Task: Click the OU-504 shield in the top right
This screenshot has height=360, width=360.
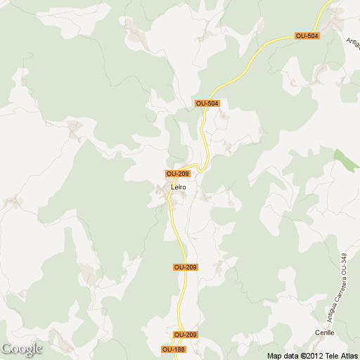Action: coord(307,36)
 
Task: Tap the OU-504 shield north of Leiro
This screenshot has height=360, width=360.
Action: coord(207,103)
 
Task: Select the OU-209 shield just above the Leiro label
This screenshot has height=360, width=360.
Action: coord(178,174)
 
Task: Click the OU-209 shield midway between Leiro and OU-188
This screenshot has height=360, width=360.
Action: coord(185,267)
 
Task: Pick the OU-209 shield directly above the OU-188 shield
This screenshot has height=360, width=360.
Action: coord(185,335)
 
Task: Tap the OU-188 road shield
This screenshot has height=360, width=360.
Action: coord(174,349)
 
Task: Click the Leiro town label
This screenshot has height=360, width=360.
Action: coord(179,187)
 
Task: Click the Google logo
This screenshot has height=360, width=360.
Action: coord(22,349)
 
